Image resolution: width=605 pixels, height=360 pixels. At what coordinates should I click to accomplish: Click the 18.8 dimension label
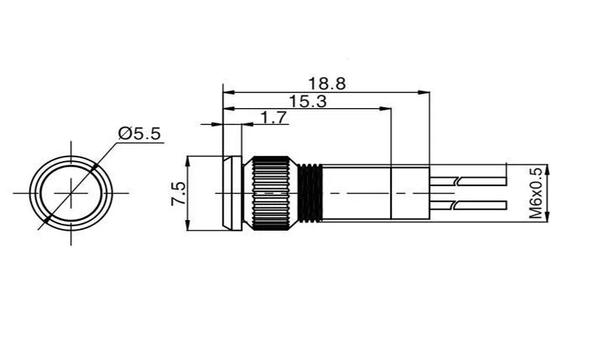point(327,83)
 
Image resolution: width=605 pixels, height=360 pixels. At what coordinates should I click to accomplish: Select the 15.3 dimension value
point(308,101)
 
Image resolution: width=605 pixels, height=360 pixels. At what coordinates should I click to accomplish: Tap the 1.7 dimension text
point(274,117)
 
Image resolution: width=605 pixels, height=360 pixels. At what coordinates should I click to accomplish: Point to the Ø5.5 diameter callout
point(139,134)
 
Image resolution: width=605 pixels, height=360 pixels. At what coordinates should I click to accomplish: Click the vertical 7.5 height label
point(178,194)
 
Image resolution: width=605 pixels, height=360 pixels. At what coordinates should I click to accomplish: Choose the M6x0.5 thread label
point(535,193)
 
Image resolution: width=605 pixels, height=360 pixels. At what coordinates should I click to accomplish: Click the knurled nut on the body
point(271,193)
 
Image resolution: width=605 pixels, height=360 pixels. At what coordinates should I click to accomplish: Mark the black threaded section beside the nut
point(311,193)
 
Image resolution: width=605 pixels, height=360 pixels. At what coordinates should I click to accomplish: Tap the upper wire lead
point(467,181)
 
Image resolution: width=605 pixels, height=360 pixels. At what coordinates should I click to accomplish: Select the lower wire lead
point(467,205)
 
